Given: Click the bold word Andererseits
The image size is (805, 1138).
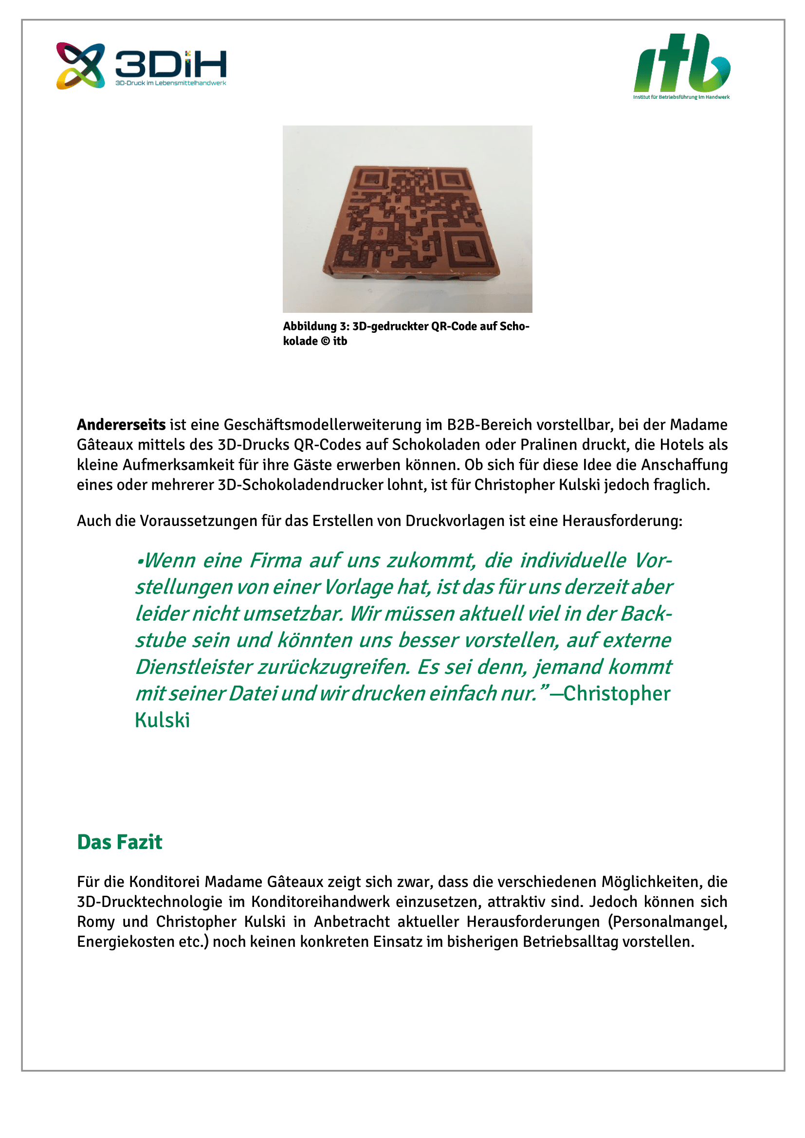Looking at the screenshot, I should [121, 425].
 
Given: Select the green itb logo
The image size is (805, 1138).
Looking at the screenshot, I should [681, 65].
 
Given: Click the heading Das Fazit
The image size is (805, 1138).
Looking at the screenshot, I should [119, 842].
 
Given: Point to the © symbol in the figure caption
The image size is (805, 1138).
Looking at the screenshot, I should [325, 341].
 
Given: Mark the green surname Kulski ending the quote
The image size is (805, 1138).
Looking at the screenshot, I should [162, 720].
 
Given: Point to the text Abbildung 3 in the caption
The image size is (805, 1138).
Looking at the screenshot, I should [316, 326].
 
